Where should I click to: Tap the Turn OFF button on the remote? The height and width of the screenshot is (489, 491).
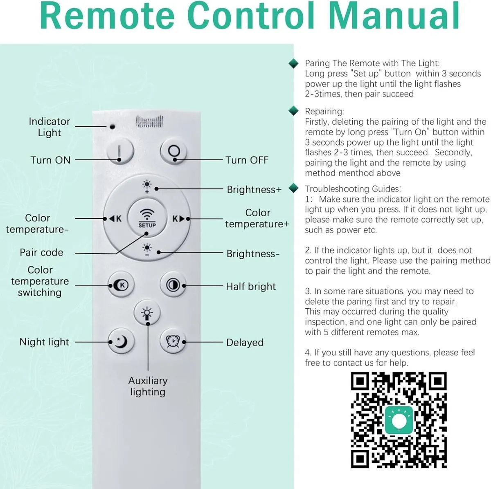pyautogui.click(x=174, y=151)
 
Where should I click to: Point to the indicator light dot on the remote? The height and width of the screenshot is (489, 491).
pyautogui.click(x=112, y=126)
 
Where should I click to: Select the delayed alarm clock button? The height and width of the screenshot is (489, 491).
pyautogui.click(x=173, y=341)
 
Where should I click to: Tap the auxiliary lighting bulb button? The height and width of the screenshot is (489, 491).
pyautogui.click(x=147, y=313)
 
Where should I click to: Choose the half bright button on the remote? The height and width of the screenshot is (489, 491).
pyautogui.click(x=173, y=285)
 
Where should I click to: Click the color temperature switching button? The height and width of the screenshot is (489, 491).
pyautogui.click(x=121, y=285)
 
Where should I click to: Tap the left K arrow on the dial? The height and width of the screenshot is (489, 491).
pyautogui.click(x=115, y=219)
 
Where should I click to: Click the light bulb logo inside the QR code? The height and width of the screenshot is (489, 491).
pyautogui.click(x=399, y=421)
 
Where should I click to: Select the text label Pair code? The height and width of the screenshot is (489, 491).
pyautogui.click(x=41, y=252)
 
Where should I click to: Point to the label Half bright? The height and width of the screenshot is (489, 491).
pyautogui.click(x=251, y=287)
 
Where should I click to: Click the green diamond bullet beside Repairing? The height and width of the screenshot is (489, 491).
pyautogui.click(x=293, y=111)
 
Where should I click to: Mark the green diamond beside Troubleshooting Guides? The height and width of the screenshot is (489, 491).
pyautogui.click(x=293, y=188)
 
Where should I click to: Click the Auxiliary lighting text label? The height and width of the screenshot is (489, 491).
pyautogui.click(x=148, y=386)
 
